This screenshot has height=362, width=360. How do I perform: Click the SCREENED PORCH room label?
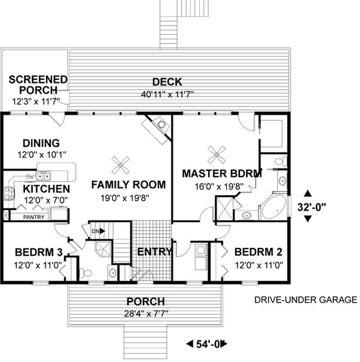click(38, 84)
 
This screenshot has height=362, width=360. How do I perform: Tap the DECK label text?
click(167, 82)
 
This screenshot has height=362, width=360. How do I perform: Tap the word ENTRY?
click(154, 251)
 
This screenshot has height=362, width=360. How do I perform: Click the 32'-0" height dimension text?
click(311, 207)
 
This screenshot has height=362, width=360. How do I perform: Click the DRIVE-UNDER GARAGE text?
click(306, 300)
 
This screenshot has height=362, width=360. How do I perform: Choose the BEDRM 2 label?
click(258, 251)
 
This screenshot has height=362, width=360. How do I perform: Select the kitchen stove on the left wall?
click(9, 193)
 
